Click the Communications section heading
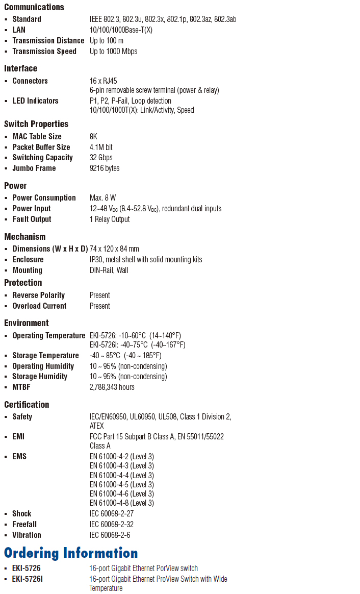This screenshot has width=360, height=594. pos(34,7)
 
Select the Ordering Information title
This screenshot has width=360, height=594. pos(71,553)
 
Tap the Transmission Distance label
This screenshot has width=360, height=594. pos(48,41)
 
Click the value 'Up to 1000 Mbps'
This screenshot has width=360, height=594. pos(113,52)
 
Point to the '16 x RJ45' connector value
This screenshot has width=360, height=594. pos(103,81)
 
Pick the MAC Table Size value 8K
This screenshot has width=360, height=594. pos(93,137)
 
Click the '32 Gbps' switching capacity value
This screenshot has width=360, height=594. pos(101,158)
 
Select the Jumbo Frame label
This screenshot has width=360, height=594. pos(34,168)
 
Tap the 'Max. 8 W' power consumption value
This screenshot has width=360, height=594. pos(103,198)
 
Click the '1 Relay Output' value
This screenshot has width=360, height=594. pos(110,219)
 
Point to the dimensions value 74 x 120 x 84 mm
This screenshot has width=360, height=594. pos(114,249)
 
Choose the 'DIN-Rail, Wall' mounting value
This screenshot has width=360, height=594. pos(109,270)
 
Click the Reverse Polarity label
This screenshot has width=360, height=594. pos(38,295)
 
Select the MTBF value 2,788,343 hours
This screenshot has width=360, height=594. pos(112,387)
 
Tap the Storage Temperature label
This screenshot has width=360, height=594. pos(45,356)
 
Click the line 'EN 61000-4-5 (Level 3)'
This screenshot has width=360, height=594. pos(121,485)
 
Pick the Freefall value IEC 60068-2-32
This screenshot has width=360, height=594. pos(111,525)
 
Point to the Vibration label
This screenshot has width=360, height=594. pos(27,535)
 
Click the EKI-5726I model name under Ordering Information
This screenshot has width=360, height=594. pos(28,579)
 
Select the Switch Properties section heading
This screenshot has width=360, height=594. pos(36,124)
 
